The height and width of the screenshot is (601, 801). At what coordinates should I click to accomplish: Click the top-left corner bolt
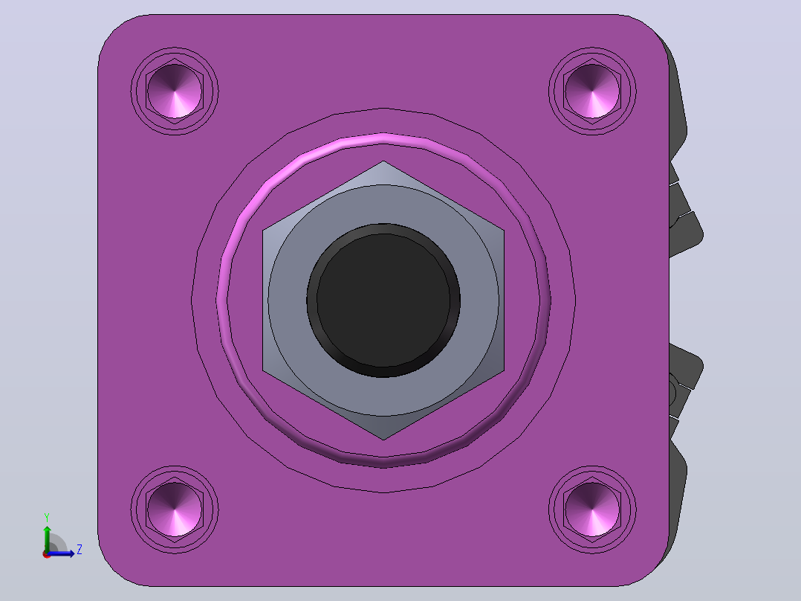pyautogui.click(x=175, y=91)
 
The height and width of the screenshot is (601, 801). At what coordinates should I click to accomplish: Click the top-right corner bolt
pyautogui.click(x=593, y=91)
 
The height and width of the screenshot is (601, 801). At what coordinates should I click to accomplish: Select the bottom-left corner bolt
pyautogui.click(x=175, y=510)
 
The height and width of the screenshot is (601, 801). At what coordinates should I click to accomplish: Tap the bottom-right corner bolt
pyautogui.click(x=593, y=510)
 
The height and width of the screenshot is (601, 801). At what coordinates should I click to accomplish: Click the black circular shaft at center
pyautogui.click(x=383, y=300)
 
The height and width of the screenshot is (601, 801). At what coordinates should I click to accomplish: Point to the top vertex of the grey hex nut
pyautogui.click(x=383, y=161)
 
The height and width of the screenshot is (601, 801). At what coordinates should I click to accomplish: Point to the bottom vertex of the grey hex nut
pyautogui.click(x=383, y=440)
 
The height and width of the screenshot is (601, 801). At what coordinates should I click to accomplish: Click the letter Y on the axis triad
pyautogui.click(x=47, y=518)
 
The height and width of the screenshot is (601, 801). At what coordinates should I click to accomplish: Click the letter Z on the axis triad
pyautogui.click(x=80, y=550)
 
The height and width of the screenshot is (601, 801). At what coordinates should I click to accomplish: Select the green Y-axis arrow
pyautogui.click(x=47, y=538)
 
